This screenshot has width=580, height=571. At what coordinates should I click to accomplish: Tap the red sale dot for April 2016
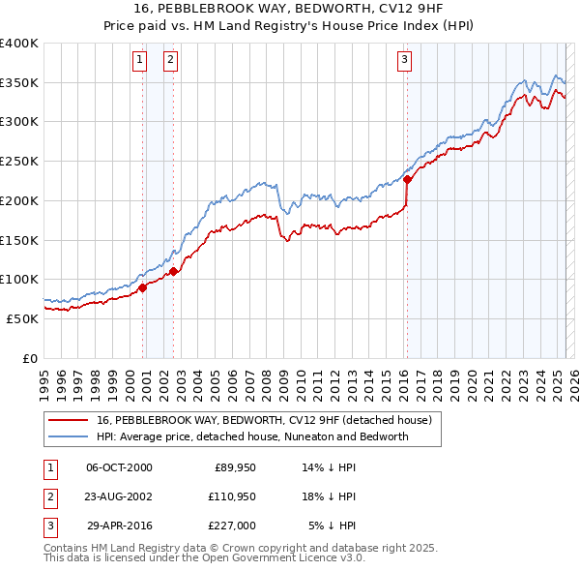point(407,179)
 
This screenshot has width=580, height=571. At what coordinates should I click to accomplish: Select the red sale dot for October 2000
point(142,286)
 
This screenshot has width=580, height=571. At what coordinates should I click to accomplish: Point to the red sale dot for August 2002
point(173,270)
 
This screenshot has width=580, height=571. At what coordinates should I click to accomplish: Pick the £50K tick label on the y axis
point(21,318)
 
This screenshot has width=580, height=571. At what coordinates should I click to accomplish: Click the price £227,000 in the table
point(231,526)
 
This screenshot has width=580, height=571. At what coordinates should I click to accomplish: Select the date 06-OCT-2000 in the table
point(119,467)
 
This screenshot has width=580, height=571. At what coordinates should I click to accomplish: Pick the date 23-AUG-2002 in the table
point(119,496)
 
